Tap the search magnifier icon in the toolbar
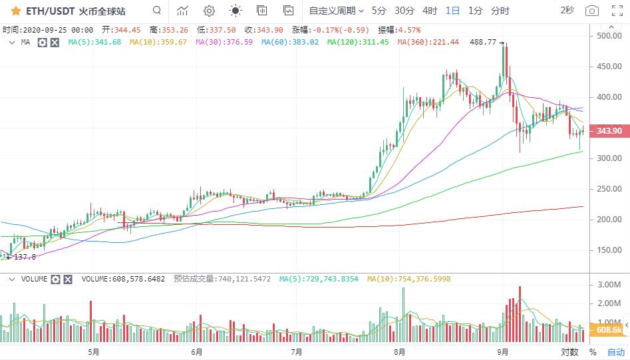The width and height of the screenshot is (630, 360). point(156,11)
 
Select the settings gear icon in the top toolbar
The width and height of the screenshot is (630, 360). point(209,11)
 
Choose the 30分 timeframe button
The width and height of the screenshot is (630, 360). point(404,11)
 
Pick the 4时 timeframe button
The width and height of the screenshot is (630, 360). point(430,11)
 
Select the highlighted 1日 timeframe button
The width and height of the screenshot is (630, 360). point(452,11)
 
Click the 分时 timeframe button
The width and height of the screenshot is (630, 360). point(500,11)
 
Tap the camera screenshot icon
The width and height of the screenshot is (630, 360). point(591,11)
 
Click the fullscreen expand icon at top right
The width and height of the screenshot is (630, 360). point(616,11)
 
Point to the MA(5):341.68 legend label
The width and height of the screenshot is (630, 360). point(94,42)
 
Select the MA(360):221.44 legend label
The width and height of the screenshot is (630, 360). point(428,42)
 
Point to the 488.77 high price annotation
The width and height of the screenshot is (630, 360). point(483,42)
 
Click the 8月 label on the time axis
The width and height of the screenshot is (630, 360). point(399,351)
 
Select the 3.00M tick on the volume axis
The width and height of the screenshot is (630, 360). point(609,284)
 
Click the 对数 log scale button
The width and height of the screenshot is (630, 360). point(569,352)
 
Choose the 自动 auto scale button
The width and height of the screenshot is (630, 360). point(616,352)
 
